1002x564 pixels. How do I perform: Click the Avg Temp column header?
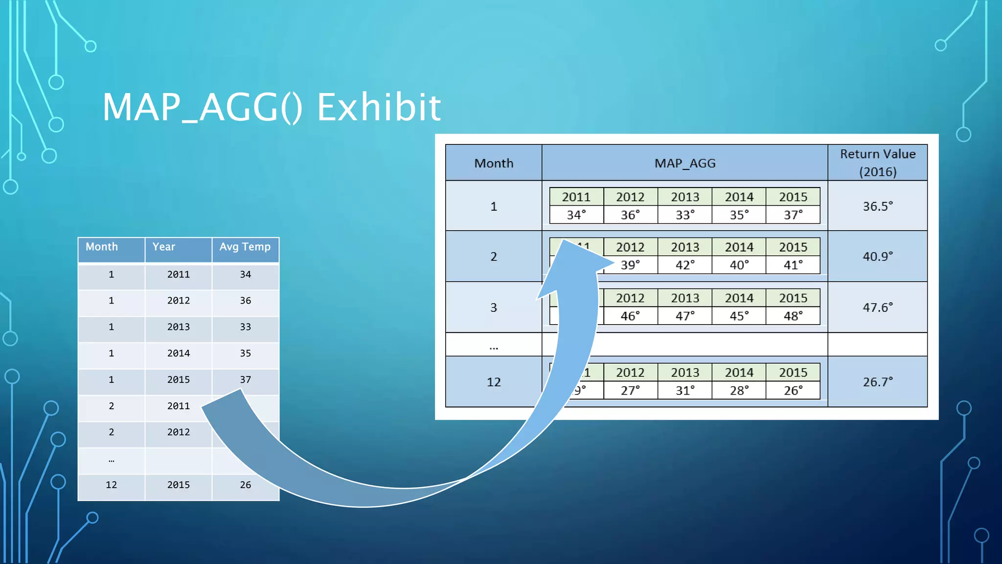(245, 247)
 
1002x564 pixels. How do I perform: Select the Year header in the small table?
(163, 247)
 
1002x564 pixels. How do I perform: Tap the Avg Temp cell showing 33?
(245, 327)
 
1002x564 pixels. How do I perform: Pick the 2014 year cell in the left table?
(178, 353)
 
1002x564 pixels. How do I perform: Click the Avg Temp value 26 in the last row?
(245, 485)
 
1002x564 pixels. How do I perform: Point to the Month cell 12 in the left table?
(111, 485)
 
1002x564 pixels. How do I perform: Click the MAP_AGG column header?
(684, 163)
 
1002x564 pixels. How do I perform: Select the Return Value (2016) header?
(877, 163)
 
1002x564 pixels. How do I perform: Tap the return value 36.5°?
(877, 206)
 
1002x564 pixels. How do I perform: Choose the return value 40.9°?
(877, 256)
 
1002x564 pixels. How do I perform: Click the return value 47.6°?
(877, 307)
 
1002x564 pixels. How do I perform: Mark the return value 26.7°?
(877, 382)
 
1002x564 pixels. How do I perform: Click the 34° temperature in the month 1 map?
(576, 215)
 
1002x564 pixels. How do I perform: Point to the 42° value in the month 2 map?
(684, 265)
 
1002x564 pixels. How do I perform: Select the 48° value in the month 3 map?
(793, 316)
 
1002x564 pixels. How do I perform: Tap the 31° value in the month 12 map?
(684, 391)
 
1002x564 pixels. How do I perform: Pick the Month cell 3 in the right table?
(493, 307)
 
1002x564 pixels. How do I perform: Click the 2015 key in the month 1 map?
(793, 197)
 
